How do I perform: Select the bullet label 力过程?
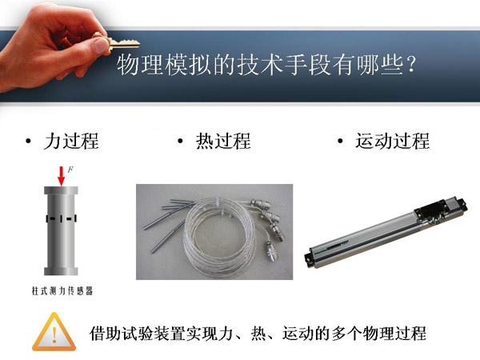[x=71, y=141]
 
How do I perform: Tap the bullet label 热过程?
[x=223, y=141]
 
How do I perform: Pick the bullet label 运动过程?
[x=393, y=141]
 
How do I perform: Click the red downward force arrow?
[x=62, y=176]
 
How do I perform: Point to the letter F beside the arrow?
[x=70, y=170]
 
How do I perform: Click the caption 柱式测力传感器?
[x=62, y=290]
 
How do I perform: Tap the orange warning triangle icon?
[x=54, y=332]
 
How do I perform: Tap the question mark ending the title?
[x=411, y=65]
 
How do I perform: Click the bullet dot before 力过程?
[x=29, y=141]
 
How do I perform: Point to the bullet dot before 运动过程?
[x=340, y=141]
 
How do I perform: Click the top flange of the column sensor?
[x=62, y=190]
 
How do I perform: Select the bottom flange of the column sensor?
[x=62, y=271]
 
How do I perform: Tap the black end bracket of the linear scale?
[x=310, y=259]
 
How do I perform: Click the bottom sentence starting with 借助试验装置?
[x=258, y=333]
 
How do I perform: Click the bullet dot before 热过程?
[x=180, y=141]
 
